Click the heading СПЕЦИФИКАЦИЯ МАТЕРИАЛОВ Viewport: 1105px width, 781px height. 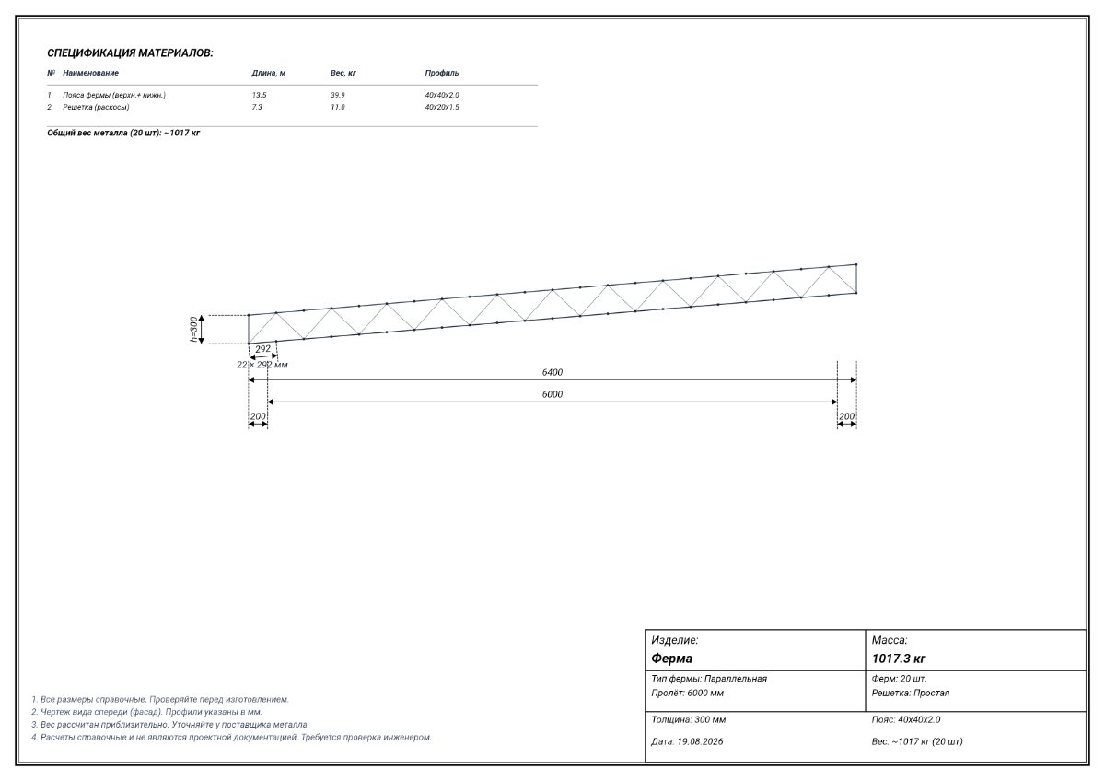click(130, 53)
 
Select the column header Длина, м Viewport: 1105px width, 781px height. click(268, 73)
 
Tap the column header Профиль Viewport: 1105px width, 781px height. click(442, 73)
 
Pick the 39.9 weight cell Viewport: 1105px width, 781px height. click(337, 95)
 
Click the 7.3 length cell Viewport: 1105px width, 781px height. click(257, 107)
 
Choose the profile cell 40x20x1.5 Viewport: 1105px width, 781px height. click(442, 107)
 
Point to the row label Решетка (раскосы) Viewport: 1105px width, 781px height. click(96, 107)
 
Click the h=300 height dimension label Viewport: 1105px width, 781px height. click(194, 329)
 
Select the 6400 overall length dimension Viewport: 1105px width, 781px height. click(552, 372)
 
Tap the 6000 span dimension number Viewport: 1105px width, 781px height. click(552, 394)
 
